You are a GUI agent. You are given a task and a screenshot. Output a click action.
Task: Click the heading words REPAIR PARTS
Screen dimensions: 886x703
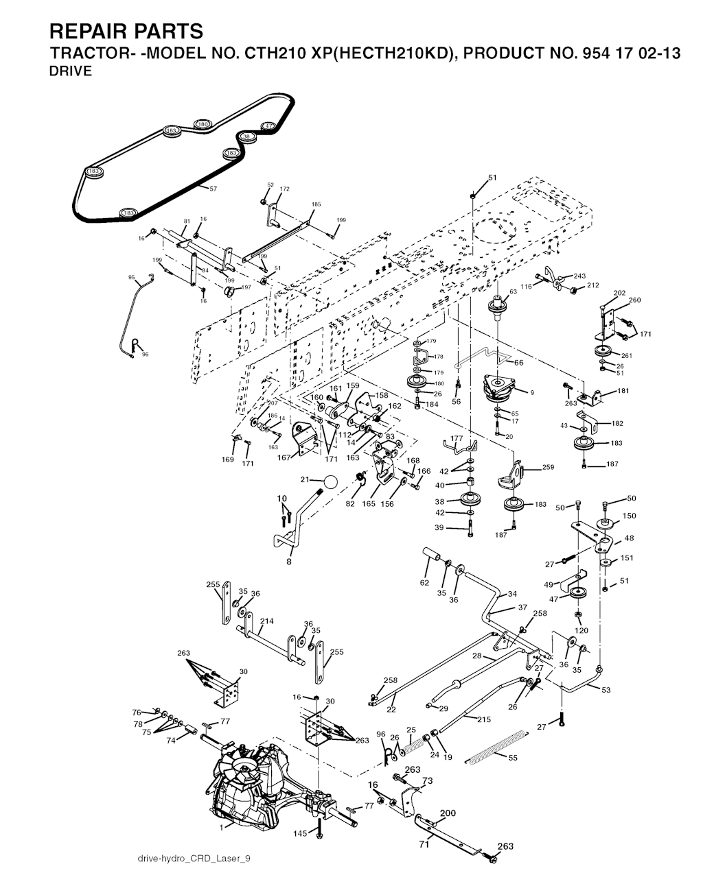tap(126, 32)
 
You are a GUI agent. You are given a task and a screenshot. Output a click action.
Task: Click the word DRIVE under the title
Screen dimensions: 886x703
tap(71, 71)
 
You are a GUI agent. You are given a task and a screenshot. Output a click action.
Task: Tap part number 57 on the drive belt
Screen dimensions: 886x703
tap(213, 189)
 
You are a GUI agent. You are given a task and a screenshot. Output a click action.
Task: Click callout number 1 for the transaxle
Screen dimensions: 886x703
tap(221, 828)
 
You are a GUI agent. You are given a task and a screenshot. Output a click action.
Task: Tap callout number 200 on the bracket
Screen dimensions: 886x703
tap(447, 813)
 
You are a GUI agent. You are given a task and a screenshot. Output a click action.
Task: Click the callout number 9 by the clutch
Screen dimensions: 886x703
tap(531, 392)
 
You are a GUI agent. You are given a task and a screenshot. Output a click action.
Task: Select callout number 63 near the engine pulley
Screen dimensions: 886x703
tap(512, 292)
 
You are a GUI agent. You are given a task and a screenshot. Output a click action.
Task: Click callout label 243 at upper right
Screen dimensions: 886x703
tap(579, 276)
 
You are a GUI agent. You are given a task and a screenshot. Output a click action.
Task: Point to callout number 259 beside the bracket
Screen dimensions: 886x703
tap(547, 468)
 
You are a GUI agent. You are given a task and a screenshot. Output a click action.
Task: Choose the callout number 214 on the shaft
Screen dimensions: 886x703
tap(266, 621)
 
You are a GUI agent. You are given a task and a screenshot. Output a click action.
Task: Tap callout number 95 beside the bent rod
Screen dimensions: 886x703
tap(131, 278)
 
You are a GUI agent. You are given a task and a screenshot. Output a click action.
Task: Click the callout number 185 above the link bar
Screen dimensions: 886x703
tap(316, 204)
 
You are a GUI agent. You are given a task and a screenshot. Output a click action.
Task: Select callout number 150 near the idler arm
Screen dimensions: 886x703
tap(628, 516)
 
